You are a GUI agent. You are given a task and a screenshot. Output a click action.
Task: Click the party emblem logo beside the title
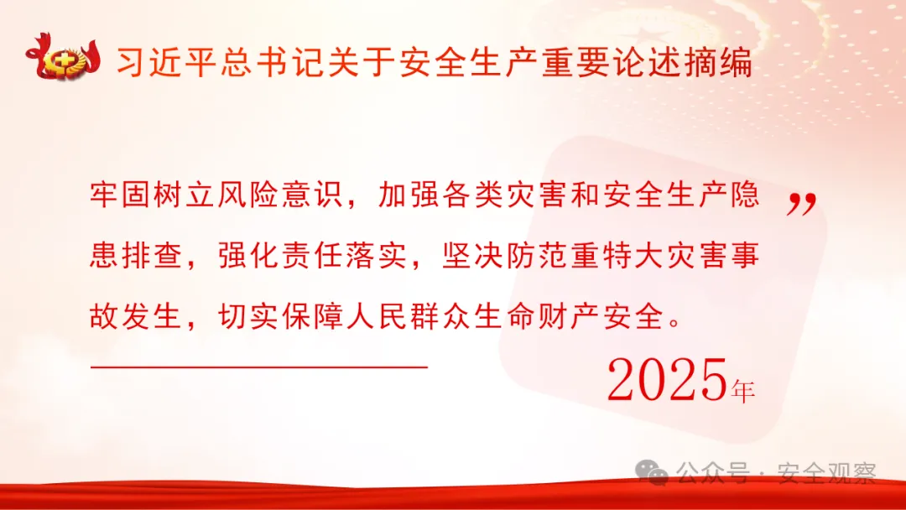[63, 60]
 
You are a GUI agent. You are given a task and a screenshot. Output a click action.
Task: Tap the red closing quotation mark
[801, 204]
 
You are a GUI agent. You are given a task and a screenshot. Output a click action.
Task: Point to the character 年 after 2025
[743, 390]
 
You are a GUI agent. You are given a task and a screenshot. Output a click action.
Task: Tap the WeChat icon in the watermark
[653, 473]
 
